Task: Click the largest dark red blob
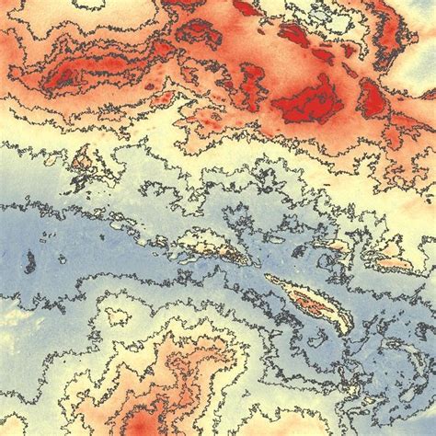(308, 103)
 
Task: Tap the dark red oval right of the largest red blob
(373, 98)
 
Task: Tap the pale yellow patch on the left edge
(7, 317)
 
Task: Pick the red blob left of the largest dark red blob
(253, 87)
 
